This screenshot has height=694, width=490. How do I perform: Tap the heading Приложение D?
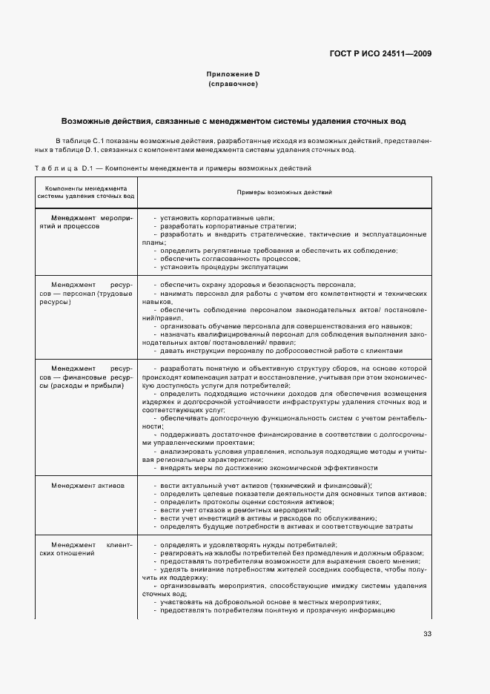(233, 75)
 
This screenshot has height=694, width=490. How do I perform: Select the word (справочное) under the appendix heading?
(233, 85)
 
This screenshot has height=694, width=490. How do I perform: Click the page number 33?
(427, 634)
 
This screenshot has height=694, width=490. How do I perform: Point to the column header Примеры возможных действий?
(284, 192)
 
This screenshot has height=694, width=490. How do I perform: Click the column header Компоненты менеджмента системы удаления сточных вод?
(86, 192)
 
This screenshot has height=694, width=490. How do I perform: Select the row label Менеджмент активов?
(87, 485)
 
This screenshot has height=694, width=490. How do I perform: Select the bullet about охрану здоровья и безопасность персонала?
(254, 285)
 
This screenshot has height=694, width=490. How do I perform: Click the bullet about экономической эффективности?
(268, 468)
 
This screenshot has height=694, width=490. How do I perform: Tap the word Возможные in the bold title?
(85, 121)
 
